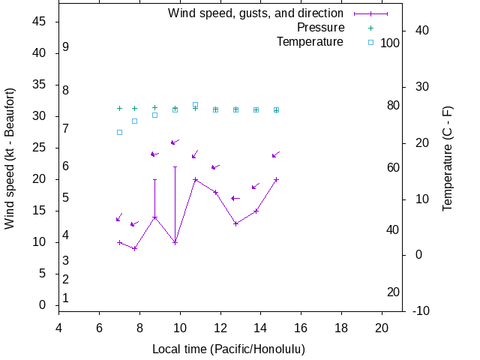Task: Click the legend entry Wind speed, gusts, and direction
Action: tap(255, 13)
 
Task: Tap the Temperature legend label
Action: tap(310, 41)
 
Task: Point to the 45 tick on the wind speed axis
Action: tap(40, 22)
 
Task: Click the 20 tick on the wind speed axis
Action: tap(40, 179)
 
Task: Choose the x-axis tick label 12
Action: tap(220, 327)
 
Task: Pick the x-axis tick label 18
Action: tap(341, 327)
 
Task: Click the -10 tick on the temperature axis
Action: tap(421, 310)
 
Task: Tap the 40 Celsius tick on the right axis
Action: tap(421, 30)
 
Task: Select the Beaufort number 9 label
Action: tap(66, 46)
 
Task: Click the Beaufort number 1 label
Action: tap(66, 298)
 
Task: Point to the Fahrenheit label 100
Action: tap(390, 43)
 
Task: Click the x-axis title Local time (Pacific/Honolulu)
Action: tap(229, 349)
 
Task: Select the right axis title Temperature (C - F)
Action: tap(448, 158)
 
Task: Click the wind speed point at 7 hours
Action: tap(119, 242)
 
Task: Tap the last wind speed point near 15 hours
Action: tap(277, 179)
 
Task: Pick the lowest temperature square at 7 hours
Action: tap(119, 132)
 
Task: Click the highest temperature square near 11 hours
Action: tap(195, 104)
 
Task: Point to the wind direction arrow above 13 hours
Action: tap(235, 198)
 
